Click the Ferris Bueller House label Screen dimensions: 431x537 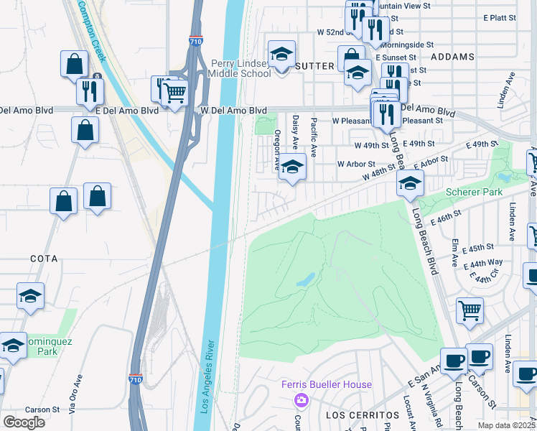click(x=327, y=384)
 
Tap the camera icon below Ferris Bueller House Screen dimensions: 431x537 click(x=302, y=399)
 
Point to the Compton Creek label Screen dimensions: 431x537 click(x=91, y=32)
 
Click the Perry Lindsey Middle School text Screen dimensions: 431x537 click(x=240, y=68)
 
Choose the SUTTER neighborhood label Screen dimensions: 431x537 click(x=314, y=65)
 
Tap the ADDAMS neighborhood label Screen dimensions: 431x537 click(x=453, y=56)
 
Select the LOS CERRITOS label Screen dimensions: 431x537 click(x=352, y=416)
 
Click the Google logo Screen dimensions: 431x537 click(x=24, y=422)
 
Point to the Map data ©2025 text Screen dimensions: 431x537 click(x=507, y=425)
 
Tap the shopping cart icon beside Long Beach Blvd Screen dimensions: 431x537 click(x=470, y=310)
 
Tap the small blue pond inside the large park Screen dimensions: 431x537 click(x=305, y=279)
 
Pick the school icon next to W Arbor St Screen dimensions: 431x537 click(x=292, y=167)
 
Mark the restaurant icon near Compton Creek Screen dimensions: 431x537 click(x=90, y=91)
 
